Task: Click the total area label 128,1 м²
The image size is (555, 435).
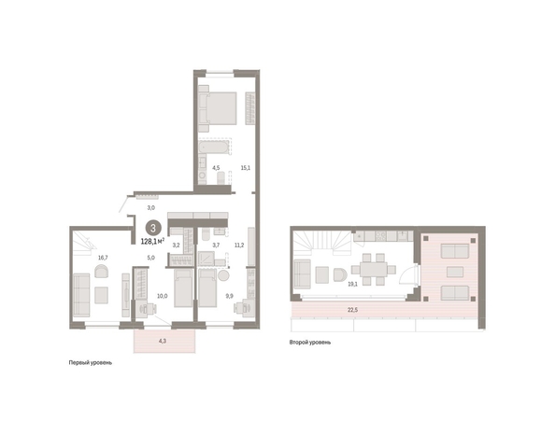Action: tap(152, 242)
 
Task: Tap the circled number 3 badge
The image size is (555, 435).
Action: tap(153, 228)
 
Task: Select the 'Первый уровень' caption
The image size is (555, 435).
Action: tap(91, 363)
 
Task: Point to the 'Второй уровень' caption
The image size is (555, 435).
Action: tap(310, 343)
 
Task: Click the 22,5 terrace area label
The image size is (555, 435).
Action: tap(352, 310)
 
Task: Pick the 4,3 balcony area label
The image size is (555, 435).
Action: tap(163, 342)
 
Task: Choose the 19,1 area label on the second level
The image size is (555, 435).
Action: tap(352, 284)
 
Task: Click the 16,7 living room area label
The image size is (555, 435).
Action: tap(103, 258)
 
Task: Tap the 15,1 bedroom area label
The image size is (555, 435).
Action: tap(246, 168)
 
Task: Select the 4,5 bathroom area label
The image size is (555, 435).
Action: tap(216, 168)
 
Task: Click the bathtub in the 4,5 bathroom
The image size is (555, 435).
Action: tap(213, 147)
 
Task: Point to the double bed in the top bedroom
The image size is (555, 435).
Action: tap(218, 108)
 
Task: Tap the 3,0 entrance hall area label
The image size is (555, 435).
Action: tap(150, 208)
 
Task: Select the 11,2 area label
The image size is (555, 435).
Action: tap(239, 245)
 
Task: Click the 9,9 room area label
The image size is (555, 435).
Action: tap(230, 296)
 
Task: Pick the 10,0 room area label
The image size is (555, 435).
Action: tap(163, 296)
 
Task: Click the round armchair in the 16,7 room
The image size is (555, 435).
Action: tap(102, 272)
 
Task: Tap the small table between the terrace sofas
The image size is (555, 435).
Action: tap(455, 272)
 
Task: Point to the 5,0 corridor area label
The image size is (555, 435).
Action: tap(150, 258)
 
